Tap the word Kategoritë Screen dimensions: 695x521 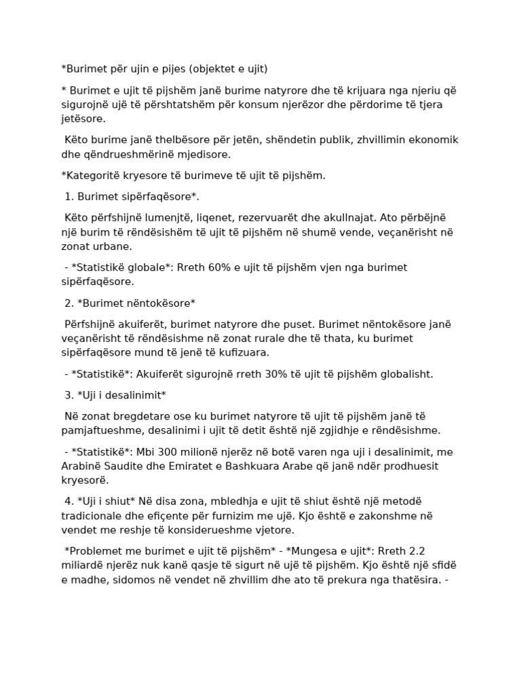pyautogui.click(x=91, y=175)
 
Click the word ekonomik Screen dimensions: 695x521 pyautogui.click(x=433, y=140)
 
